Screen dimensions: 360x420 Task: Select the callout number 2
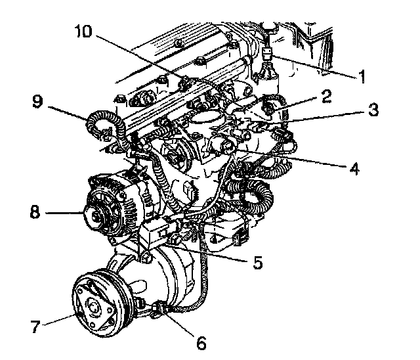click(324, 96)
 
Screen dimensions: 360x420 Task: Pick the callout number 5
click(258, 263)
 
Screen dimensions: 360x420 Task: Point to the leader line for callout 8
click(69, 213)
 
